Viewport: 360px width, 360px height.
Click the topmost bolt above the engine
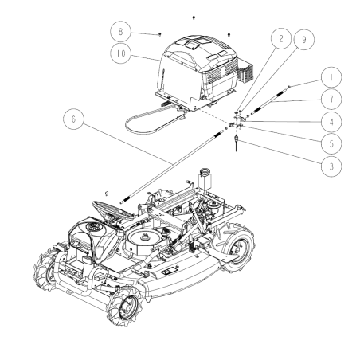pos(194,16)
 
